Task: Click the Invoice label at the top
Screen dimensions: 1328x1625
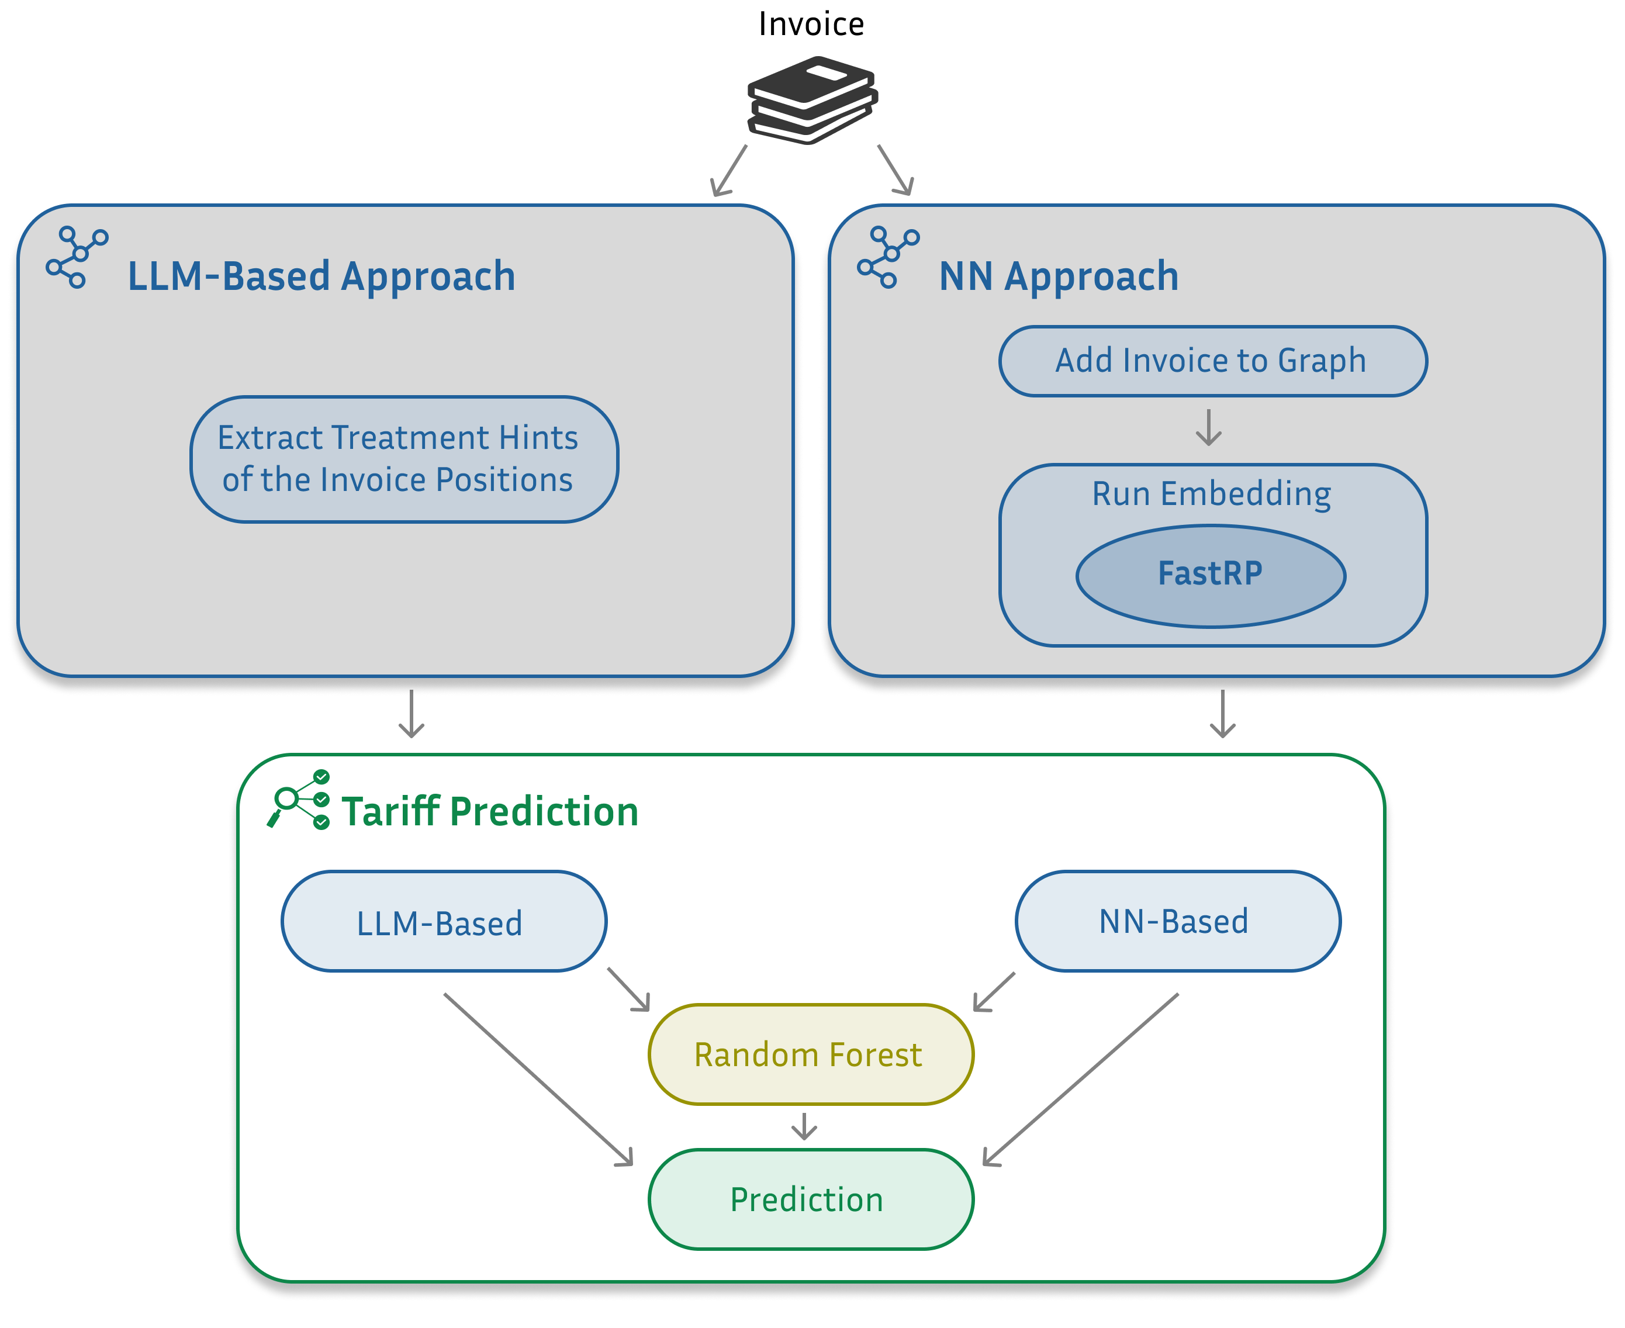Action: click(811, 24)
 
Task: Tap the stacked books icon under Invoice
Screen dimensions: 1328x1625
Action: click(812, 99)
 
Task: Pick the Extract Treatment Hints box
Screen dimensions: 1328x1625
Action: click(403, 459)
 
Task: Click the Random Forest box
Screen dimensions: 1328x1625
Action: click(810, 1054)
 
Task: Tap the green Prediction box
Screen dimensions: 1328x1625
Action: click(810, 1199)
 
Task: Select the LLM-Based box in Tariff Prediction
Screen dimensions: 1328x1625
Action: click(443, 922)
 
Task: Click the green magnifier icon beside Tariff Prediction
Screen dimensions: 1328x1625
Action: click(298, 800)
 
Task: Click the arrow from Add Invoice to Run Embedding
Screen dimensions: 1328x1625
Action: click(1208, 427)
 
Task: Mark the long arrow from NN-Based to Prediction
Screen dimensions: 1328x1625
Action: click(1080, 1080)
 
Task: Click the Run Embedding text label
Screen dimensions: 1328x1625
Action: click(1211, 493)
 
